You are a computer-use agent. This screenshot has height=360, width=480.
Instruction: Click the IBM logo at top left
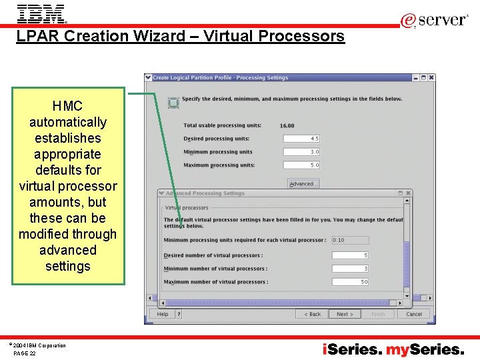pos(41,13)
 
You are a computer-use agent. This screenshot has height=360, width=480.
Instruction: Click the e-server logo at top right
pos(434,21)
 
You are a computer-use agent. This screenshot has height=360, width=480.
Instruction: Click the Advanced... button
pos(303,183)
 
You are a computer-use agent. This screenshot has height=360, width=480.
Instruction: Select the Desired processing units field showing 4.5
pos(301,139)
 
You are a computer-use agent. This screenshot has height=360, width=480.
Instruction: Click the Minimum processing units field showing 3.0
pos(301,152)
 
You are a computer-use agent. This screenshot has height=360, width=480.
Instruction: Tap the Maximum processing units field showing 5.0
pos(301,165)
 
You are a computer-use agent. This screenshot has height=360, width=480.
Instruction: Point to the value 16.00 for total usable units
pos(287,126)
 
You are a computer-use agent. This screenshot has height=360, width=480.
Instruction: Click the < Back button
pos(312,314)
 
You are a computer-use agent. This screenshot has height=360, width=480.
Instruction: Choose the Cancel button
pos(414,314)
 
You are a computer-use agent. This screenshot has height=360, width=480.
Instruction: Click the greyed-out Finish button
pos(378,314)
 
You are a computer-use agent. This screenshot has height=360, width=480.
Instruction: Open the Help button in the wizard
pos(163,314)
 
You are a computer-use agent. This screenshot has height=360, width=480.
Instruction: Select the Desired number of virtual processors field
pos(350,255)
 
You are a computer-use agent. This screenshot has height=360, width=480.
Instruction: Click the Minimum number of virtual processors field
pos(350,269)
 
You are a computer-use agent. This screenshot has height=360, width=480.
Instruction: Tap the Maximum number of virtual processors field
pos(350,282)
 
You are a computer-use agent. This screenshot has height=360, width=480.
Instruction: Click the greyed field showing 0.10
pos(350,240)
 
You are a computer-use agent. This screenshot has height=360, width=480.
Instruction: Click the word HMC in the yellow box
pos(67,106)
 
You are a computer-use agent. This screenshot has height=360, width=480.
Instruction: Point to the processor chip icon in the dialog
pos(173,103)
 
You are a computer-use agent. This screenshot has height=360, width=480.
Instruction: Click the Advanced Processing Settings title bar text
pos(205,193)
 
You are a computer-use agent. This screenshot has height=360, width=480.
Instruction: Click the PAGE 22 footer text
pos(25,353)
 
